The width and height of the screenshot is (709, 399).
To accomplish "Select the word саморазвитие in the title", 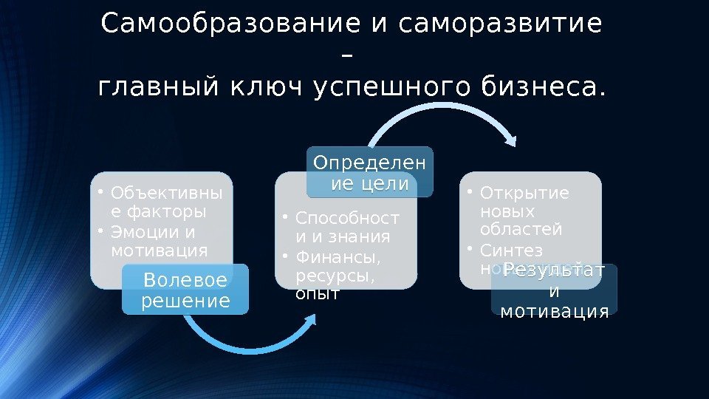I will pos(500,25).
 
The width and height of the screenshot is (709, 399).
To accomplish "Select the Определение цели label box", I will pos(370,172).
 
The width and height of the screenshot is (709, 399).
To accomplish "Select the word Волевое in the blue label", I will pos(185,281).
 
